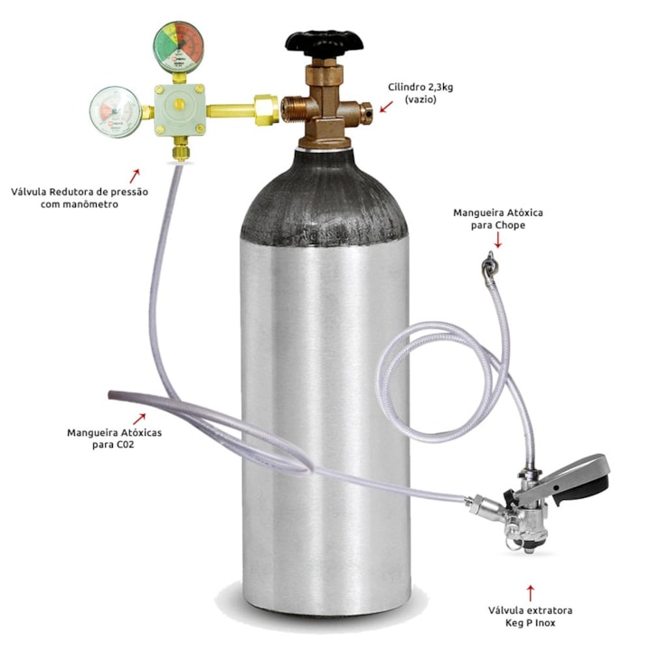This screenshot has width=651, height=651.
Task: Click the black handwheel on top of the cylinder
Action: [324, 42]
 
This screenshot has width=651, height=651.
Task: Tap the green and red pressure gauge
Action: [178, 47]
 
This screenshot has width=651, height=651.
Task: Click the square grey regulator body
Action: [179, 109]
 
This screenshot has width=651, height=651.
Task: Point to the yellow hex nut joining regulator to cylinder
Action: [266, 110]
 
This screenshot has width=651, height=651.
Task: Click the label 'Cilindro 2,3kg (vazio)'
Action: [420, 93]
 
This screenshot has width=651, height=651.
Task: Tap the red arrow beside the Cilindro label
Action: [387, 107]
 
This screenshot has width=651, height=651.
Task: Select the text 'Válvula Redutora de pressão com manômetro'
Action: [80, 198]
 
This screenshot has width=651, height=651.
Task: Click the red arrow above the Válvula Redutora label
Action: [135, 175]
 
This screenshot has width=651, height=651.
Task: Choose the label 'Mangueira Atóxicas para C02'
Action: [114, 439]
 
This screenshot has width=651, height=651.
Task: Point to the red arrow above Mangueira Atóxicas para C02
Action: [139, 419]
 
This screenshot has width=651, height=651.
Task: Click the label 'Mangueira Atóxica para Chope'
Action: [498, 219]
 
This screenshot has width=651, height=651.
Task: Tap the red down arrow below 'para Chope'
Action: [498, 241]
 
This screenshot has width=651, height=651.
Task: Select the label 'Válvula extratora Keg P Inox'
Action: [530, 616]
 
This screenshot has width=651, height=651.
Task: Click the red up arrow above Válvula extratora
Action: [530, 593]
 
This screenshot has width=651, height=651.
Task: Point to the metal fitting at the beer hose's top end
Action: [488, 268]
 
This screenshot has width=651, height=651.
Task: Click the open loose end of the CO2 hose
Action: [111, 394]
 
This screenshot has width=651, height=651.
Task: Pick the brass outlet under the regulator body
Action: [180, 149]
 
